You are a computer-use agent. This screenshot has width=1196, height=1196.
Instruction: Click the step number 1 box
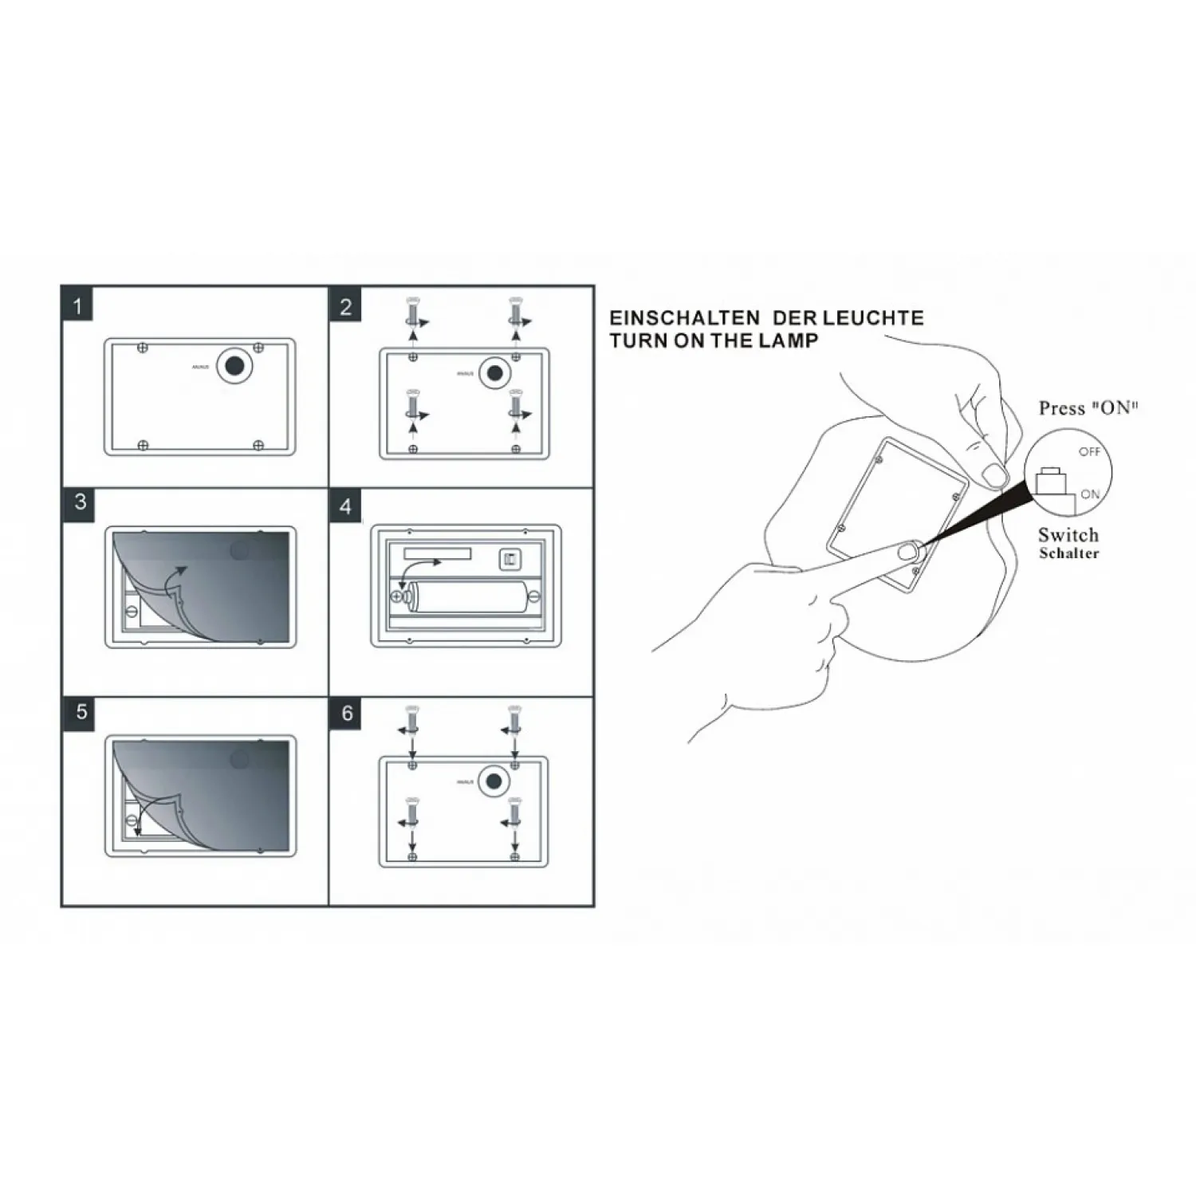click(77, 306)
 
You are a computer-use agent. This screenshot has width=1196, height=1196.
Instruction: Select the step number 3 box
click(80, 502)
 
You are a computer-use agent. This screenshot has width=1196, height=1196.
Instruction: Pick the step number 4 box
click(345, 507)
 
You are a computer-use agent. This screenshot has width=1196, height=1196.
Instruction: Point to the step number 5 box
click(81, 711)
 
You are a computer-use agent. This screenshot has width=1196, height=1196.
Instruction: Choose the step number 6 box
click(347, 713)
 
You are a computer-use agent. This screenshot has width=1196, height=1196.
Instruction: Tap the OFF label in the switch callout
click(1089, 451)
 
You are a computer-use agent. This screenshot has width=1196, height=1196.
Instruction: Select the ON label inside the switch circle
click(1090, 494)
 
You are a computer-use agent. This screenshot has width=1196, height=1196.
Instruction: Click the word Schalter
click(1068, 553)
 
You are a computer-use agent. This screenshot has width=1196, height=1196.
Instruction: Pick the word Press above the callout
click(1061, 408)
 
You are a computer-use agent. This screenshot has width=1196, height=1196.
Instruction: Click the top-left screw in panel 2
click(412, 312)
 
